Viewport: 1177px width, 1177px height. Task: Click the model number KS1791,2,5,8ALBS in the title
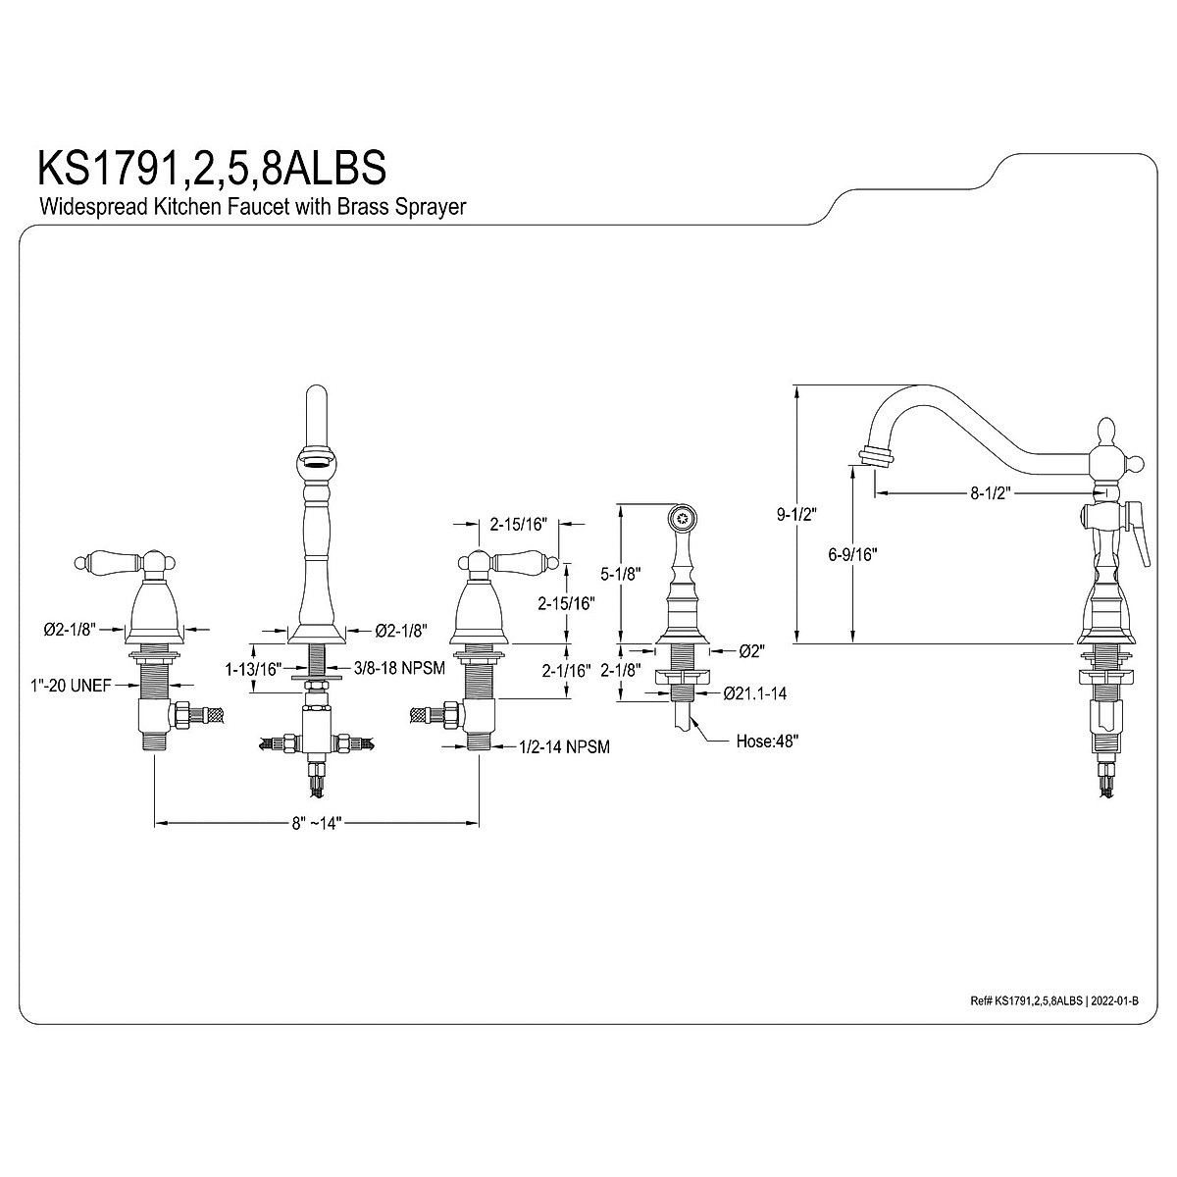pyautogui.click(x=211, y=167)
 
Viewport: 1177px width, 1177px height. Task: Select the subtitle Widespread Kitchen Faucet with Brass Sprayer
pyautogui.click(x=251, y=207)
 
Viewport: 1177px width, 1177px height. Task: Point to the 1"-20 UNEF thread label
pyautogui.click(x=71, y=686)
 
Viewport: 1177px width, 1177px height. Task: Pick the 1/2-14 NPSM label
pyautogui.click(x=564, y=747)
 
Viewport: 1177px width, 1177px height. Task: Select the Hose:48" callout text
pyautogui.click(x=767, y=742)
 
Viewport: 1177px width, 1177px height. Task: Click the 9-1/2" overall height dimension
pyautogui.click(x=775, y=513)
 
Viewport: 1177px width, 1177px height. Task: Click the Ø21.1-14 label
pyautogui.click(x=755, y=693)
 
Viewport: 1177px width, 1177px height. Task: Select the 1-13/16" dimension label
pyautogui.click(x=253, y=668)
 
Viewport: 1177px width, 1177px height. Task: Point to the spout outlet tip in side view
pyautogui.click(x=876, y=456)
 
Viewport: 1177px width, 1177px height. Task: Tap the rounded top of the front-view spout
pyautogui.click(x=316, y=399)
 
